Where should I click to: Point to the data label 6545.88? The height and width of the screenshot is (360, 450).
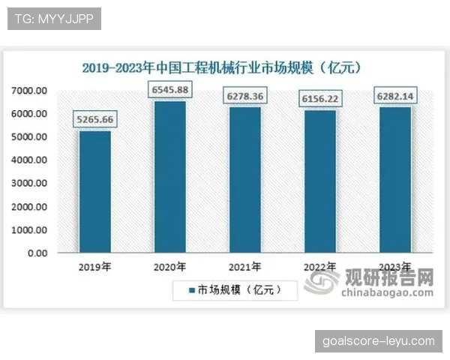(170, 88)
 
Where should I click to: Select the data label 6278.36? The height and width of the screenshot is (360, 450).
(245, 94)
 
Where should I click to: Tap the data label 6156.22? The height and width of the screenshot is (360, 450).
(320, 97)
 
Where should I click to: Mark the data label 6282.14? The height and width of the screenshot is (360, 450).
(395, 95)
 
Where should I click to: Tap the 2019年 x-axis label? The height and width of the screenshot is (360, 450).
(95, 266)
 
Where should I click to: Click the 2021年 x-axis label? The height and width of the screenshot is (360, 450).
(245, 266)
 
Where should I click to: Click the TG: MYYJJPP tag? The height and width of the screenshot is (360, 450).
(54, 19)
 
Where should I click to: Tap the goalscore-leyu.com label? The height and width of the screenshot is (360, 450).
(378, 341)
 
